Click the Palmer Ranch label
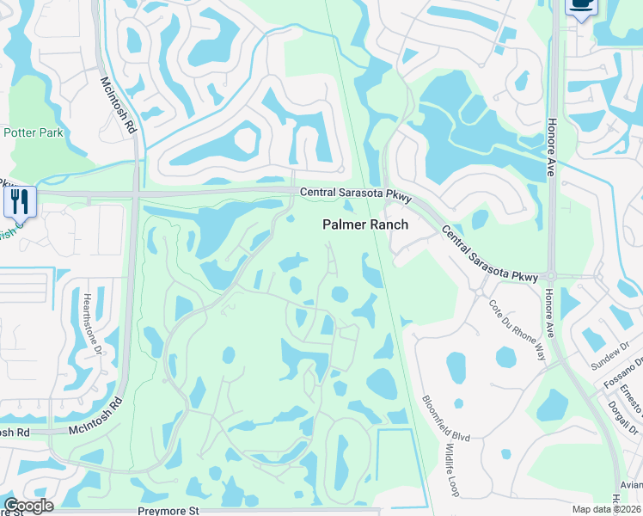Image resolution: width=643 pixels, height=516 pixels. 365,224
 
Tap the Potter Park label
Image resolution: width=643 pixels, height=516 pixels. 34,133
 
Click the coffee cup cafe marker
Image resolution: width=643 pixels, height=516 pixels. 581,6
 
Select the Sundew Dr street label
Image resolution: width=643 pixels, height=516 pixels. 611,355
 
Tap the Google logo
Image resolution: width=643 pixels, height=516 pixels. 28,506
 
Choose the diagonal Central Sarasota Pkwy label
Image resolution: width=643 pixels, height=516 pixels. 489,254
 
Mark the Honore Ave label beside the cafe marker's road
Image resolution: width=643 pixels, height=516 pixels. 552,149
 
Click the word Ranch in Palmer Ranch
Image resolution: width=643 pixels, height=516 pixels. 388,224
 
